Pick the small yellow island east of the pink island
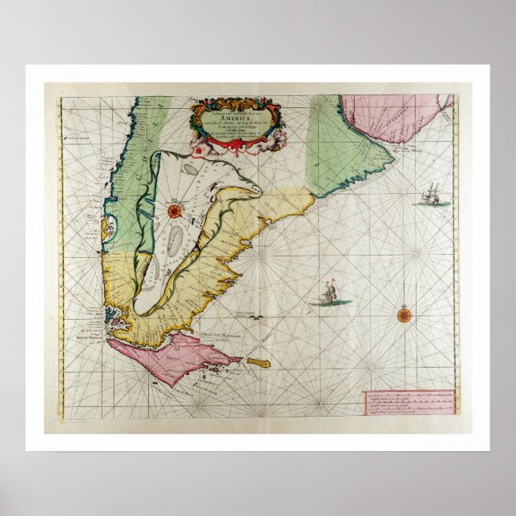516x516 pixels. (x=258, y=364)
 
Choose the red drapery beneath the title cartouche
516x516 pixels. (x=232, y=143)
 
